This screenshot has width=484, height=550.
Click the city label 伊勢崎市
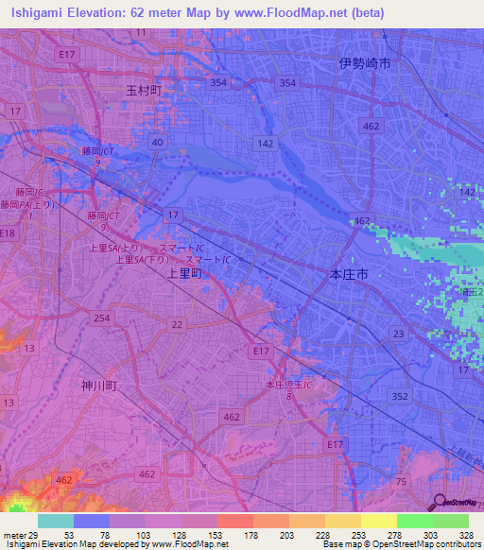point(364,63)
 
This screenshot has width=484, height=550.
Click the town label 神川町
point(97,386)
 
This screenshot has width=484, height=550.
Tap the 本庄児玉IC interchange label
point(287,387)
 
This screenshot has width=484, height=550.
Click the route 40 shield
point(157,143)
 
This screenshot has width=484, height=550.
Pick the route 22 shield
point(177,325)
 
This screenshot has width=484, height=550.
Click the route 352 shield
point(400,396)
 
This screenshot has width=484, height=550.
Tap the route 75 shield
point(400,482)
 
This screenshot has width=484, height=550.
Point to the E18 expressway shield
point(9,232)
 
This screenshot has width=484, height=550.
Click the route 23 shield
point(398,334)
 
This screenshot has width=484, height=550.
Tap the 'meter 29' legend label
point(20,535)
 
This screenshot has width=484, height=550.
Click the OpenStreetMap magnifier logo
point(438,502)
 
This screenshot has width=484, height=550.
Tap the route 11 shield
point(141,32)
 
